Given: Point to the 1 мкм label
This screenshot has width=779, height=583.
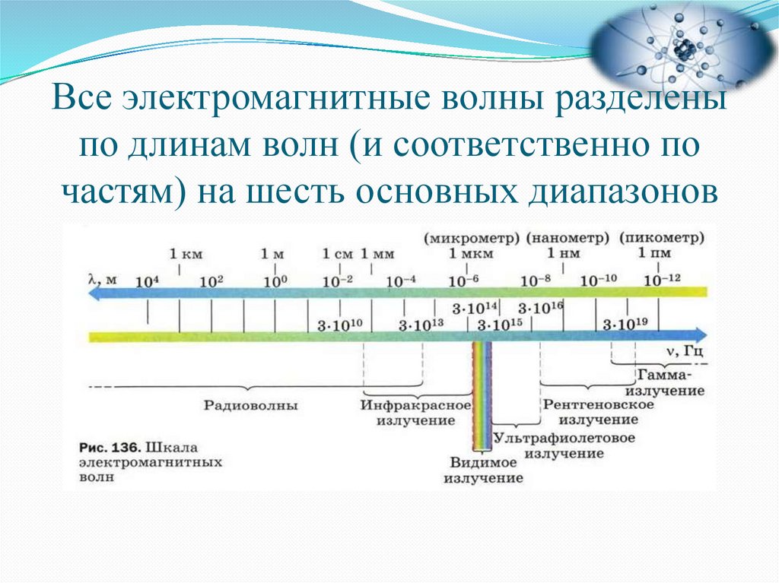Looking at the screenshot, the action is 466,253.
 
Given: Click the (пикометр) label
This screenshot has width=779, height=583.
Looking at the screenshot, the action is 662,237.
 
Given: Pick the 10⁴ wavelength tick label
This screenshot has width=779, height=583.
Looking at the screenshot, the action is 147,280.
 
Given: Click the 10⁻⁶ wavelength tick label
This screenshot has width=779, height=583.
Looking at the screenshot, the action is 463,280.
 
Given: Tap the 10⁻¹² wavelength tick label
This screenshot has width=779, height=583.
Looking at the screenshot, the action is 663,280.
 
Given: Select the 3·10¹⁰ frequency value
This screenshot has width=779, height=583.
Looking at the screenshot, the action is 339,325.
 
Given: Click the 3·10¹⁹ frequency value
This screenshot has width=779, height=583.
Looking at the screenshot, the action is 625,325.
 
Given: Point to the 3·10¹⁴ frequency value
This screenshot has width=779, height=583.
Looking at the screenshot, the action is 474,309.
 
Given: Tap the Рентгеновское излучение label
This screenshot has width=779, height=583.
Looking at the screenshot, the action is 599,411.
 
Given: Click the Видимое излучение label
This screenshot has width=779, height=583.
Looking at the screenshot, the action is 483,471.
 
